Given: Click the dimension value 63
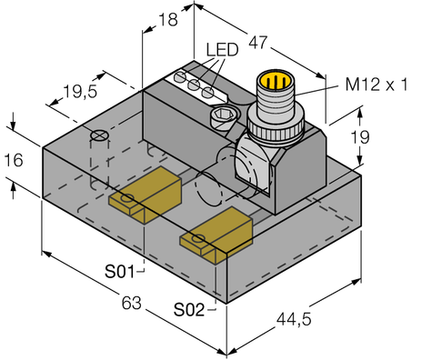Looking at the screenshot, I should pos(133,302).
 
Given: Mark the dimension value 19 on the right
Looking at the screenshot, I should pos(386,138).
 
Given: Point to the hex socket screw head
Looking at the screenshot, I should pos(222,116).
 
